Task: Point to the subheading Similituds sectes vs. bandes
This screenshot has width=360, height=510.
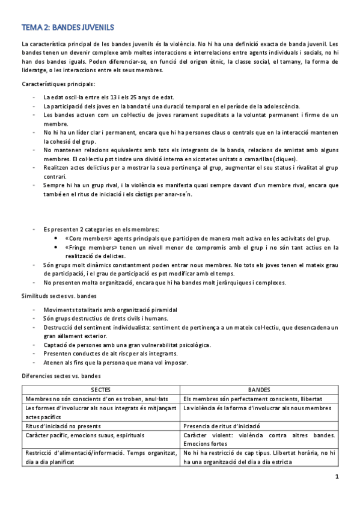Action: pos(61,296)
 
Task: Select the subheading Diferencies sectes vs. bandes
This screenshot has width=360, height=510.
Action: pos(61,376)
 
